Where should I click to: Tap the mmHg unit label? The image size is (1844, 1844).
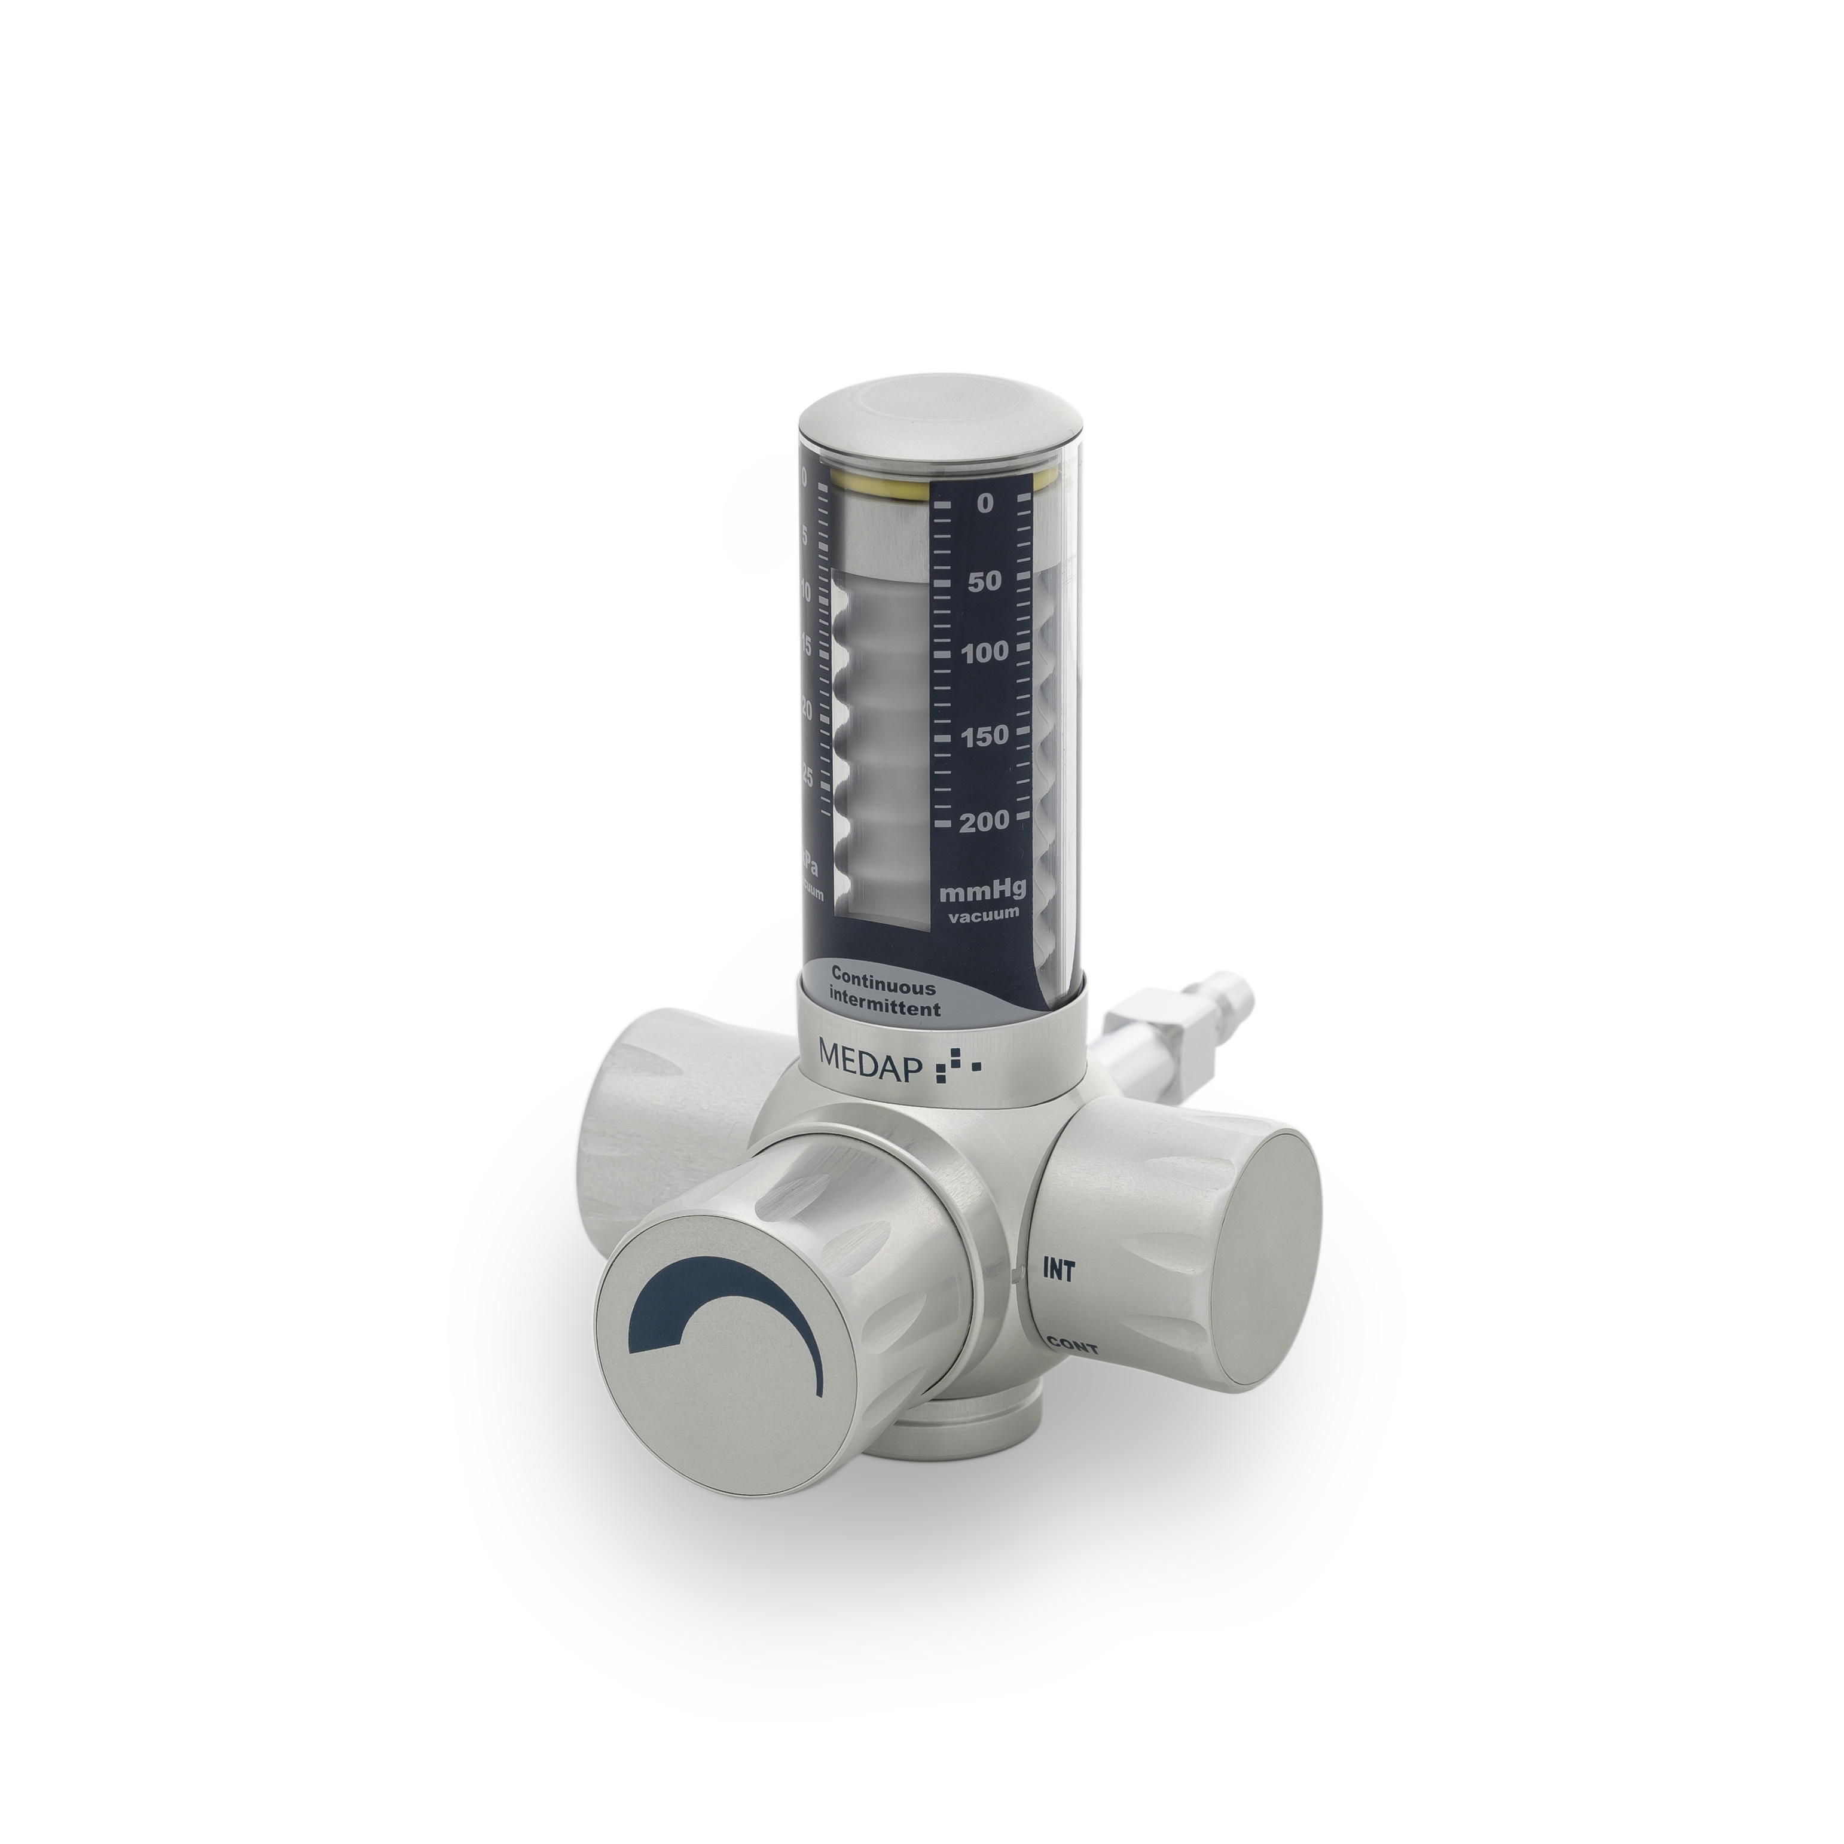pos(983,893)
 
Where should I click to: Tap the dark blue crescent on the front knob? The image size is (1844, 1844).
pos(725,1327)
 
